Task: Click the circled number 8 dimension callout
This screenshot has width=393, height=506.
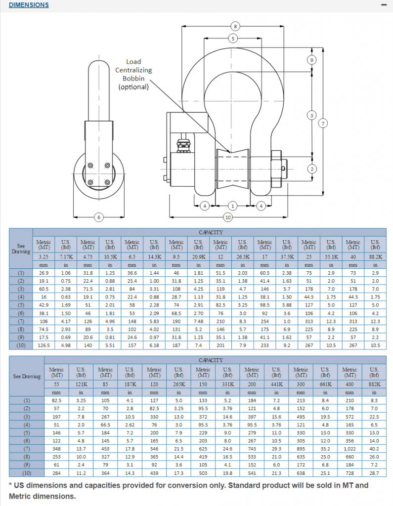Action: click(x=235, y=26)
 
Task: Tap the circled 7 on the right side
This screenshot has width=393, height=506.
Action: click(x=323, y=123)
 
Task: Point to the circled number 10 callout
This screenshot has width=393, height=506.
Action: click(x=228, y=217)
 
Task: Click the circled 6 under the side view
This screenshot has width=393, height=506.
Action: click(x=98, y=217)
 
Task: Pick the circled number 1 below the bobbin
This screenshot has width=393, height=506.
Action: click(x=233, y=206)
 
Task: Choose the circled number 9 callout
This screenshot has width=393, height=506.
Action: click(x=311, y=60)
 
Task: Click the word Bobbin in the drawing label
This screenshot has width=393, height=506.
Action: click(x=133, y=78)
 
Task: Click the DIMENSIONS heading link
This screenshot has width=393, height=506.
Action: click(x=29, y=5)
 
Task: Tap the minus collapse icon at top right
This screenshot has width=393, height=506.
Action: click(x=383, y=5)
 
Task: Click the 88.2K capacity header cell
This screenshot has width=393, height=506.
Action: click(x=375, y=257)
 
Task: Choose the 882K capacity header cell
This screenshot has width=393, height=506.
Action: click(x=374, y=384)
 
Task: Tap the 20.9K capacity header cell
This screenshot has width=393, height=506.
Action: click(x=198, y=257)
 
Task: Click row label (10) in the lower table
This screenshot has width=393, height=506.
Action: click(x=21, y=473)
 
